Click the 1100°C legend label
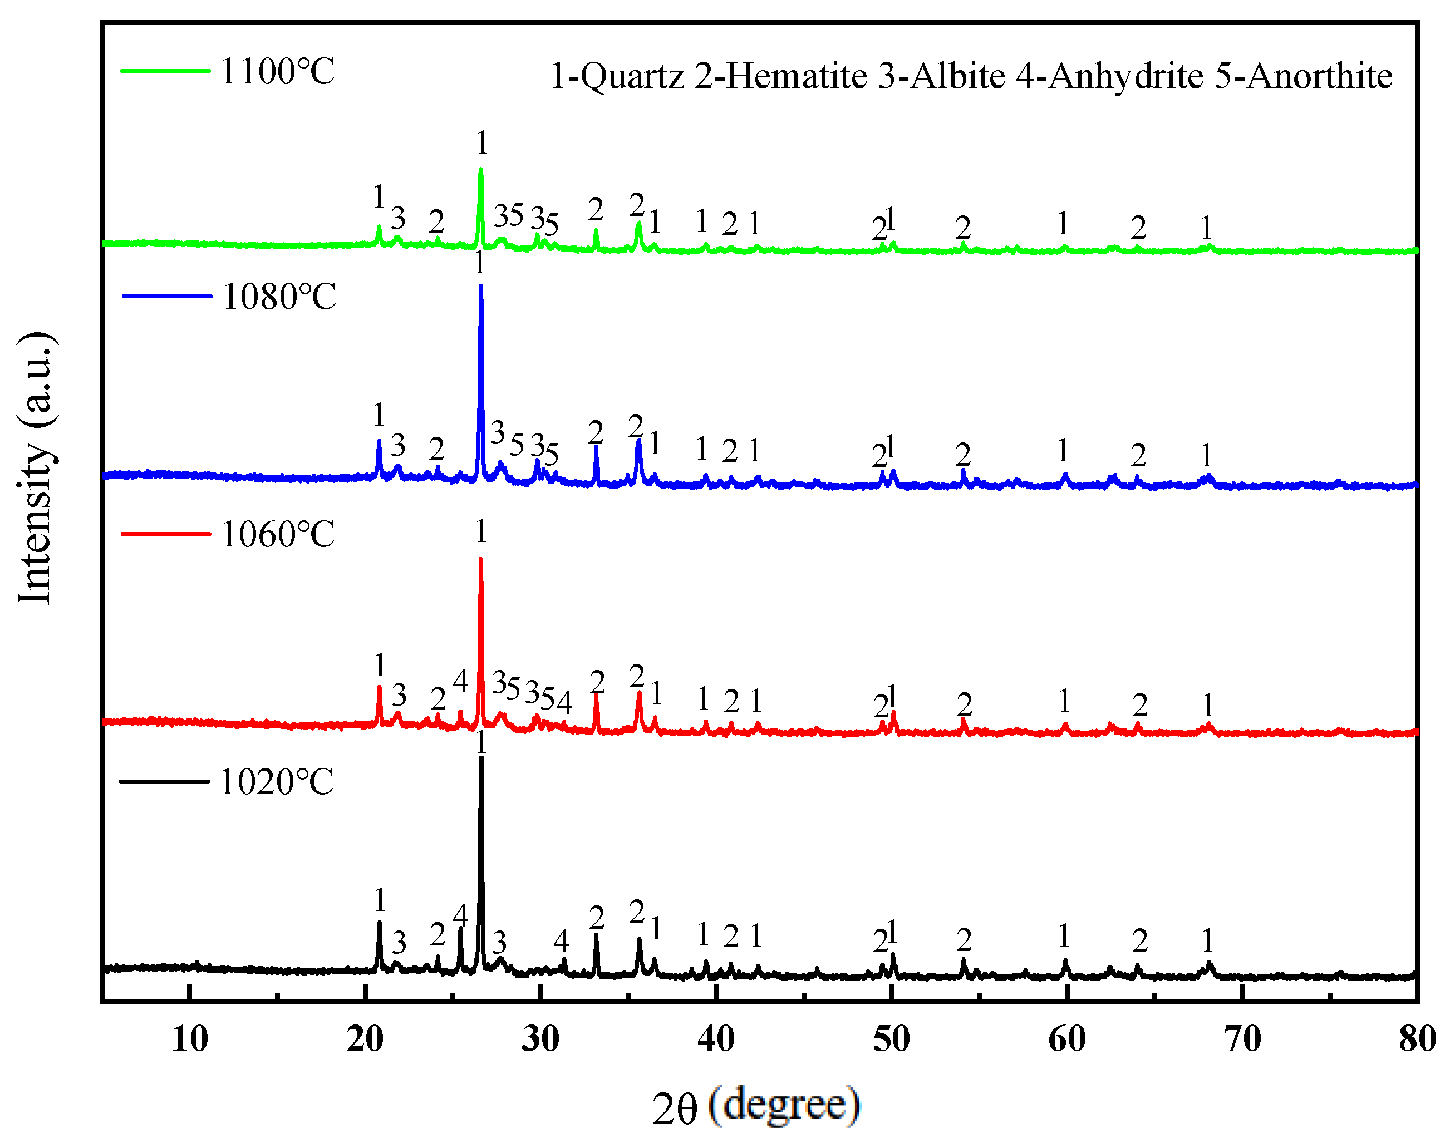click(x=277, y=72)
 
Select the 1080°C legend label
click(x=279, y=297)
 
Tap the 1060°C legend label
click(x=278, y=535)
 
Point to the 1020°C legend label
click(x=277, y=782)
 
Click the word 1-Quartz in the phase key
click(x=617, y=76)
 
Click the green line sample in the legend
click(x=165, y=70)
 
